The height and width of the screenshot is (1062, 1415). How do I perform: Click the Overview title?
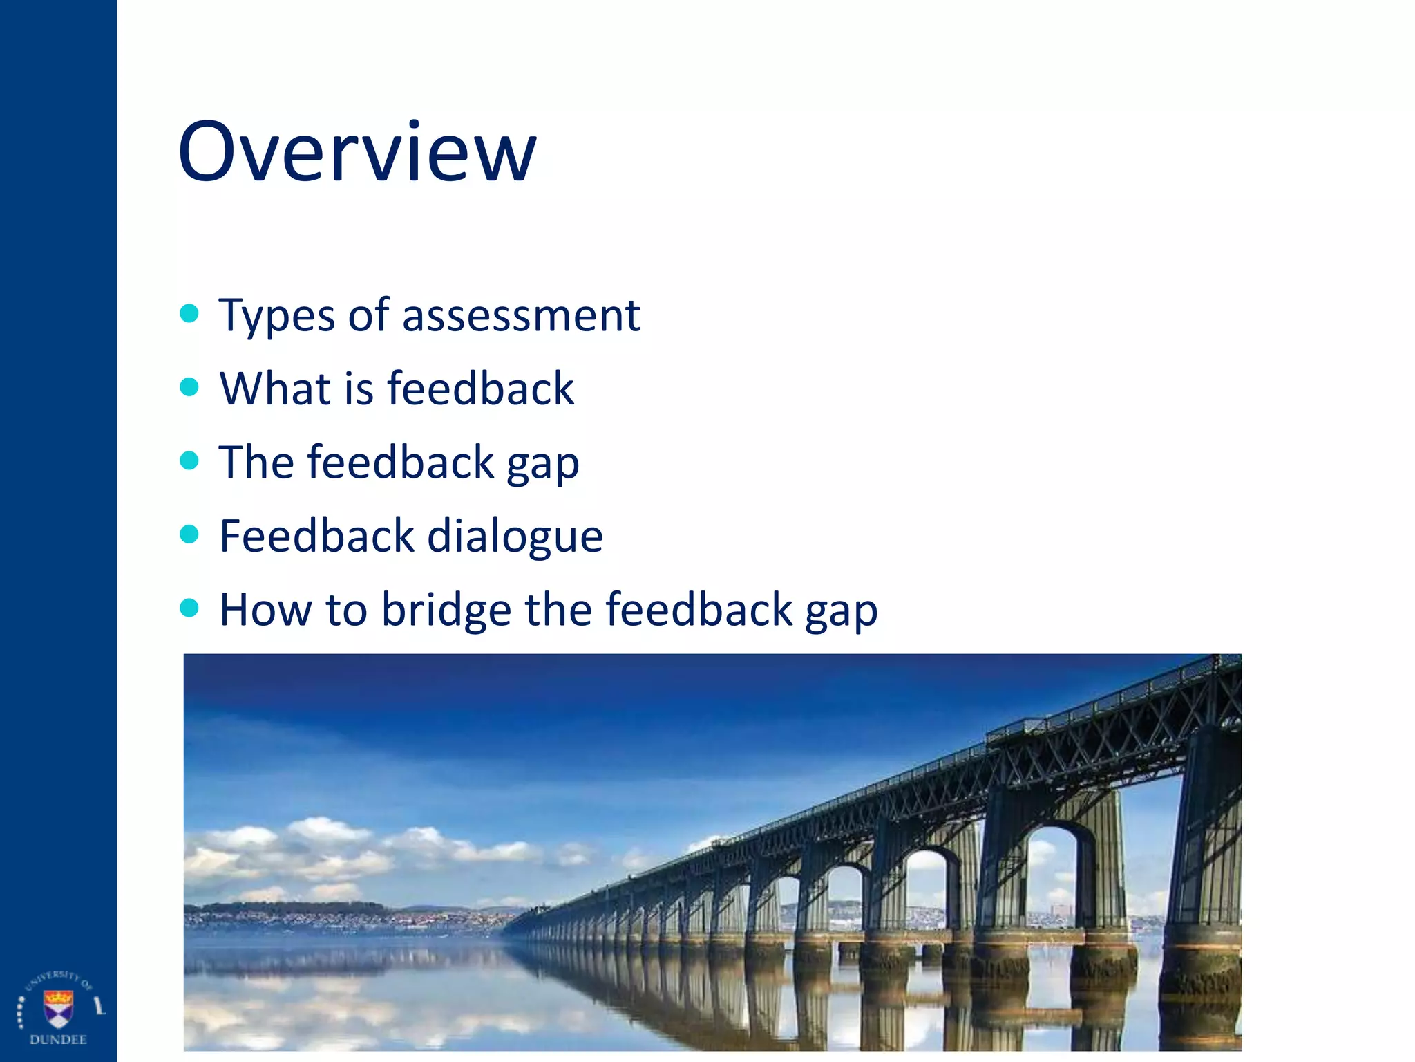tap(357, 151)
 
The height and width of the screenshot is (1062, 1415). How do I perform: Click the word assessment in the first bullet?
tap(521, 315)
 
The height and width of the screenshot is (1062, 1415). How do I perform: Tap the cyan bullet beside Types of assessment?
tap(189, 313)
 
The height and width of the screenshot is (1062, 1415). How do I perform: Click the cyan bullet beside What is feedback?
tap(189, 386)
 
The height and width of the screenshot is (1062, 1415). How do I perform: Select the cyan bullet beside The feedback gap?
tap(189, 460)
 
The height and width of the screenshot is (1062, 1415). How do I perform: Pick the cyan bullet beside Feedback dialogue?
tap(189, 534)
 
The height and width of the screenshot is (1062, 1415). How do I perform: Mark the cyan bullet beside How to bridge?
tap(189, 608)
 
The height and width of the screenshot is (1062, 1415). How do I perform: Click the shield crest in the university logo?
tap(58, 1007)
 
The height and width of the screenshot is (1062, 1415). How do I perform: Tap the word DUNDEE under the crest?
tap(58, 1040)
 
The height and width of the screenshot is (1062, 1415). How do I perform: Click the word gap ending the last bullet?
tap(841, 613)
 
